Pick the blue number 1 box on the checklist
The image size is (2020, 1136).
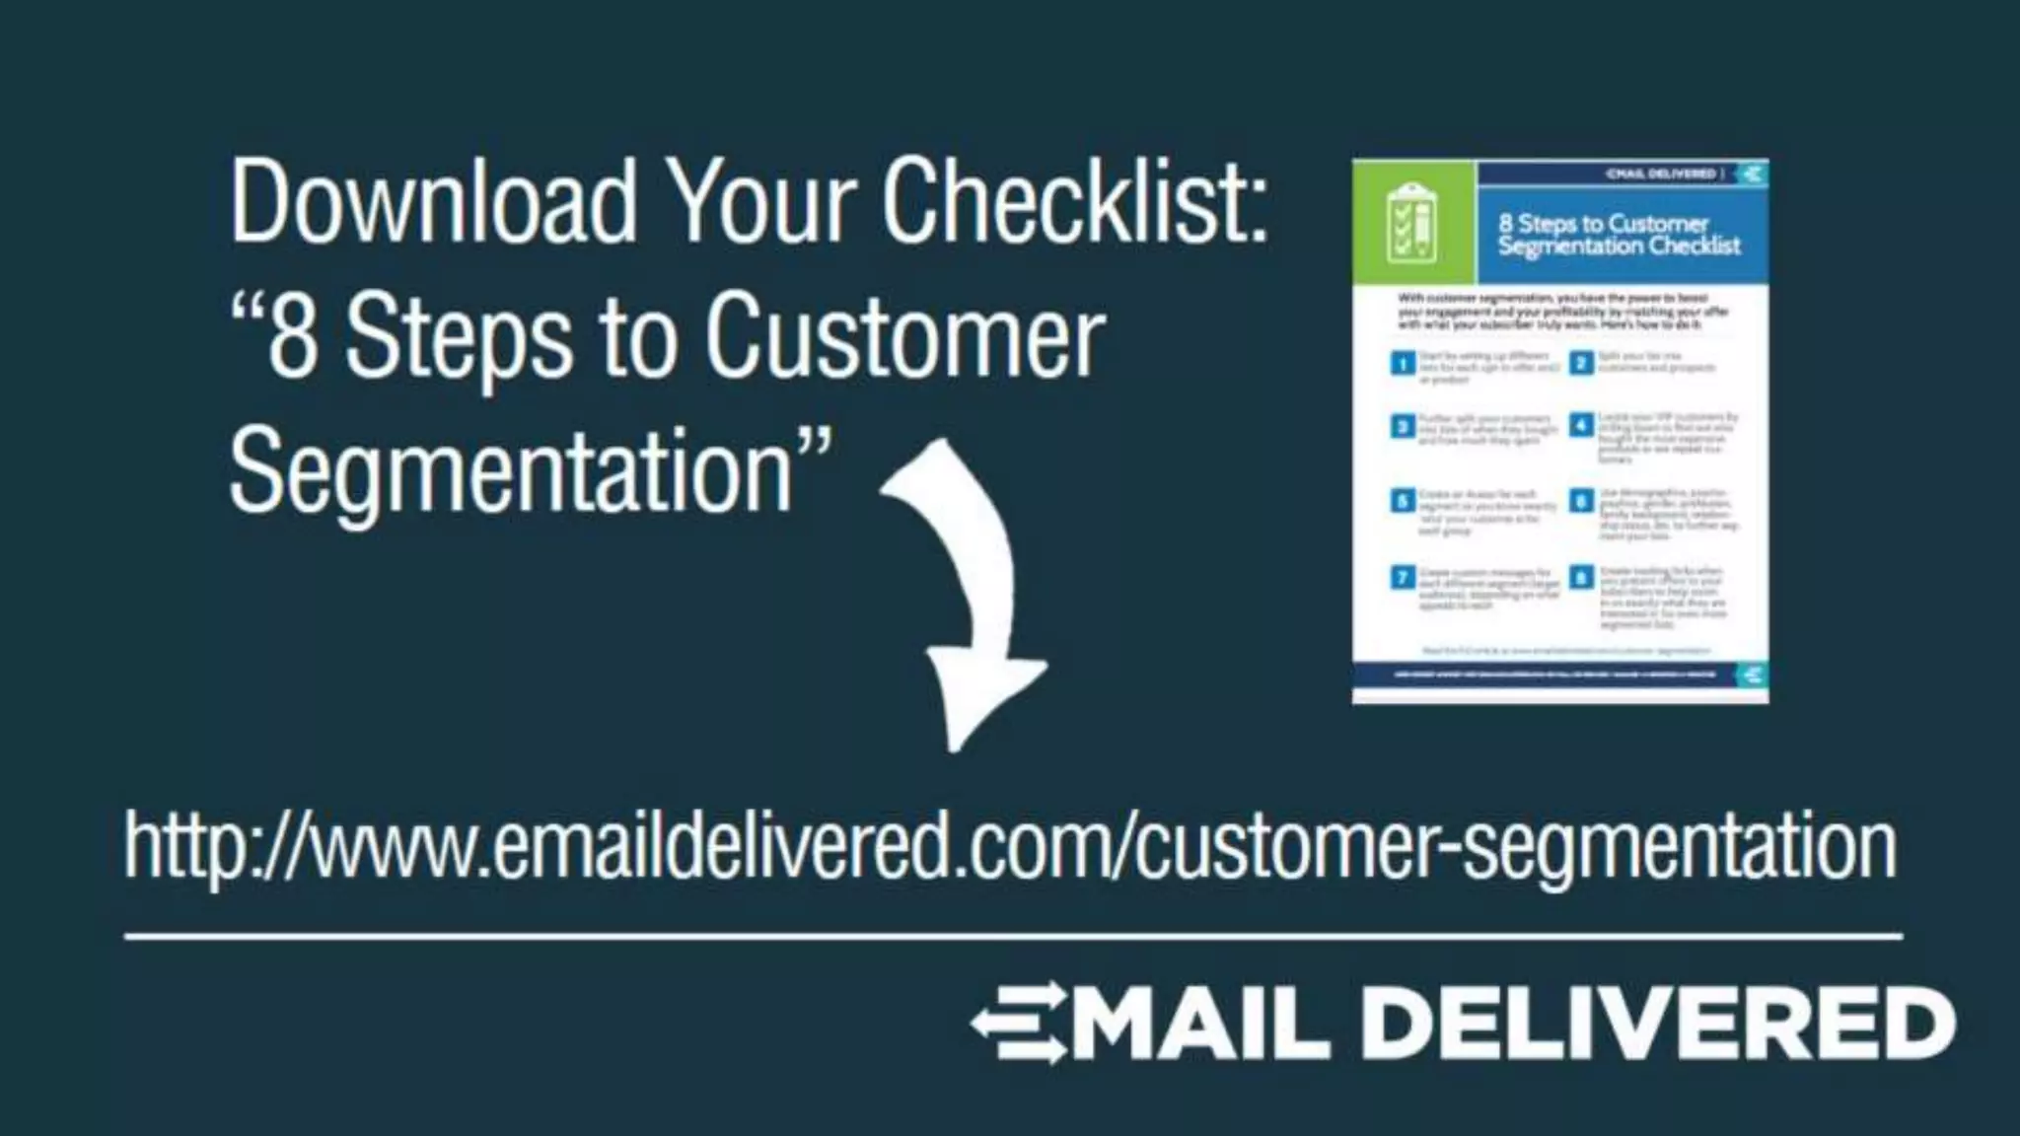pyautogui.click(x=1403, y=364)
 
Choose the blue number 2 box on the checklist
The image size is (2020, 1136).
pyautogui.click(x=1581, y=363)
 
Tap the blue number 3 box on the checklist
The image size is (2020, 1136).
pyautogui.click(x=1403, y=427)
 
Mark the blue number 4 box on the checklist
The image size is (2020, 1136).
pyautogui.click(x=1581, y=426)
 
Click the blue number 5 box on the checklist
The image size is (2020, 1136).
pyautogui.click(x=1403, y=501)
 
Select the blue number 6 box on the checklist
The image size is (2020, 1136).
pyautogui.click(x=1581, y=501)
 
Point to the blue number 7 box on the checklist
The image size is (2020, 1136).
pyautogui.click(x=1403, y=577)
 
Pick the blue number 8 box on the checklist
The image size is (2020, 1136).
pyautogui.click(x=1581, y=577)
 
